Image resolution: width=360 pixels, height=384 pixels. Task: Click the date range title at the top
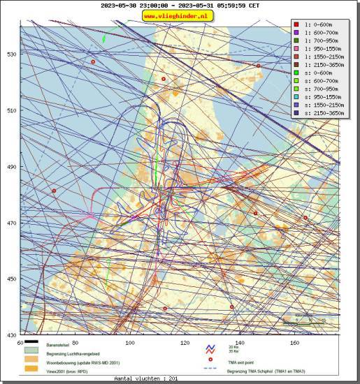pyautogui.click(x=180, y=5)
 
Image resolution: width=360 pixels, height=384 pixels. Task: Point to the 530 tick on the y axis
pyautogui.click(x=11, y=54)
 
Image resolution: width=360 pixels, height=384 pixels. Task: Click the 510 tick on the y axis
pyautogui.click(x=11, y=110)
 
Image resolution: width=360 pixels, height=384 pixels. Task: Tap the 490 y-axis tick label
pyautogui.click(x=11, y=167)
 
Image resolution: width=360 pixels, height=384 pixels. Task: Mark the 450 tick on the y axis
pyautogui.click(x=11, y=279)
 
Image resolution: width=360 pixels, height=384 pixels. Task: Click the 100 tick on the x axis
pyautogui.click(x=130, y=343)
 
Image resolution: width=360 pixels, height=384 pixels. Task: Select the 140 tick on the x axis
pyautogui.click(x=240, y=343)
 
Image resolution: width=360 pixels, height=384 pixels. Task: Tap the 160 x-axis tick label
pyautogui.click(x=295, y=343)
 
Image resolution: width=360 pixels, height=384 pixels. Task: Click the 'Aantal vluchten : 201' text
pyautogui.click(x=144, y=378)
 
